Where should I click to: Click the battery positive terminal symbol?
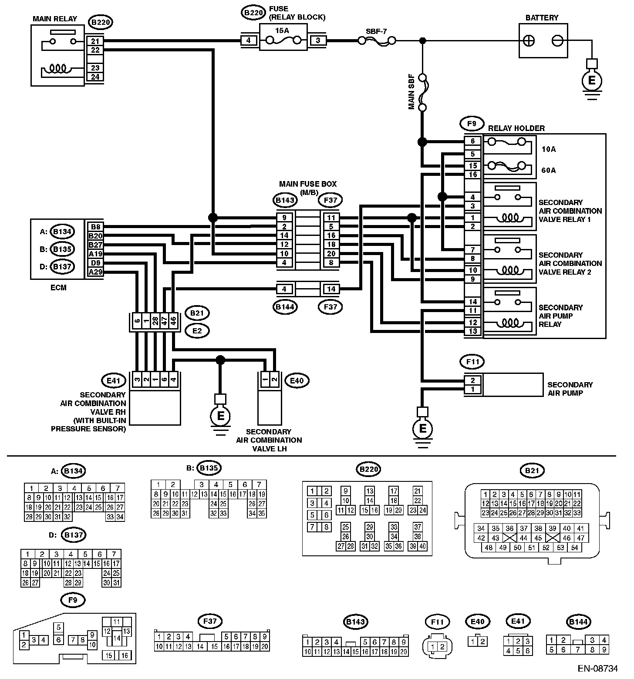pyautogui.click(x=529, y=40)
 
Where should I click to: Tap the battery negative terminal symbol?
pyautogui.click(x=557, y=40)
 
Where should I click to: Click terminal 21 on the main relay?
pyautogui.click(x=95, y=41)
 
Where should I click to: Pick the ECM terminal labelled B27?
pyautogui.click(x=95, y=245)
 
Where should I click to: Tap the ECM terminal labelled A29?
pyautogui.click(x=95, y=272)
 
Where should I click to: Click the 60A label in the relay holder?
pyautogui.click(x=549, y=170)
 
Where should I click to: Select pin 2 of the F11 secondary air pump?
pyautogui.click(x=473, y=380)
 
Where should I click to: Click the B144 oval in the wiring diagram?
pyautogui.click(x=285, y=306)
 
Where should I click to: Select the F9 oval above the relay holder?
pyautogui.click(x=471, y=124)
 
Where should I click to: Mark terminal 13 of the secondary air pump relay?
pyautogui.click(x=473, y=331)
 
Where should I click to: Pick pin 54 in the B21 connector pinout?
pyautogui.click(x=574, y=547)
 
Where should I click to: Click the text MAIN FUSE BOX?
pyautogui.click(x=308, y=184)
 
